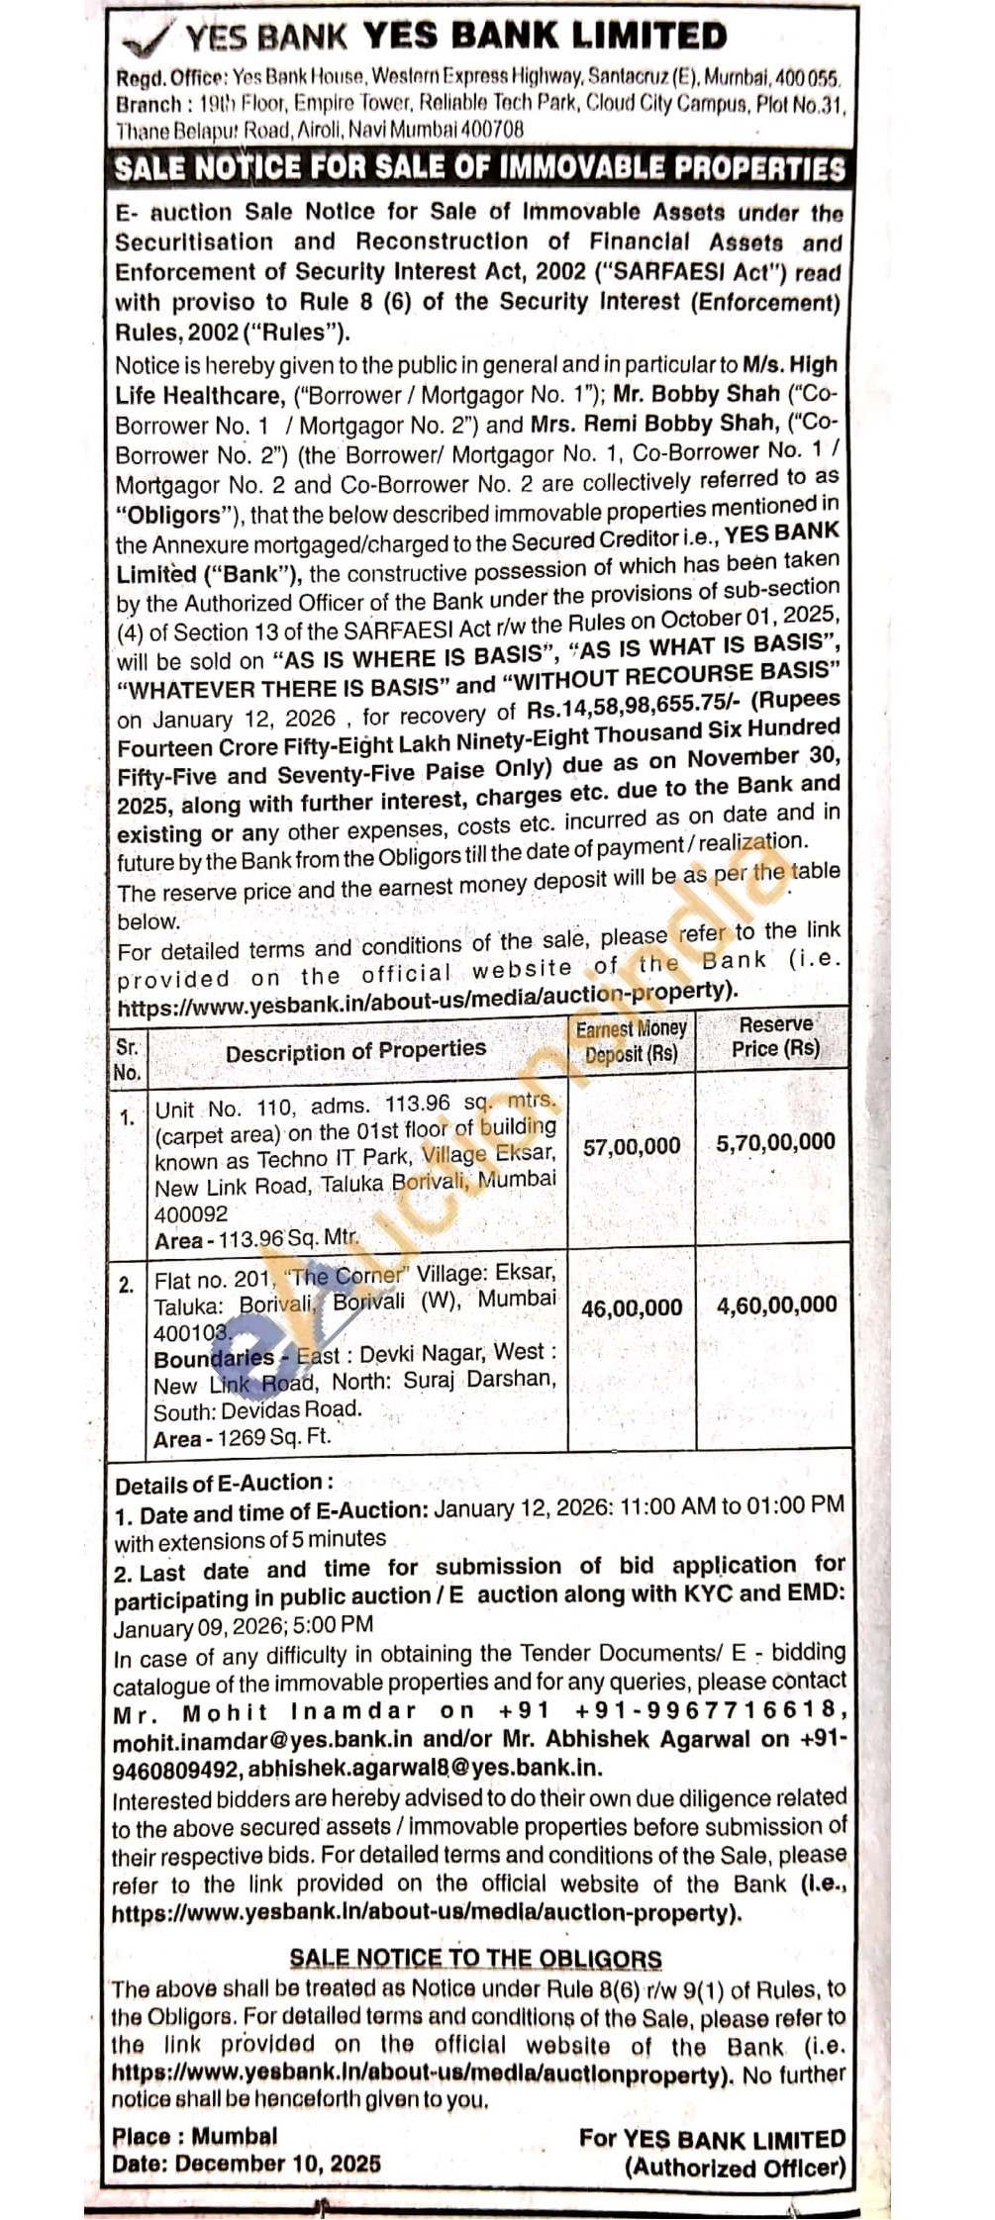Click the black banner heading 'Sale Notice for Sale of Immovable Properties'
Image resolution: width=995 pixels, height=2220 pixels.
[479, 166]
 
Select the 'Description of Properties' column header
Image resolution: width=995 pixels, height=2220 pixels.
[355, 1050]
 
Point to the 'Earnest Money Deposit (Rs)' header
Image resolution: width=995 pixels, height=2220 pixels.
[631, 1041]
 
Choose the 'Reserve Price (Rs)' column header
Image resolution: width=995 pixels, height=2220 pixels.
[775, 1036]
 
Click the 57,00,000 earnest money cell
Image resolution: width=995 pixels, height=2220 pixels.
[632, 1147]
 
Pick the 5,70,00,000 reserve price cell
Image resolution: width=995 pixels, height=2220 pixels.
[776, 1142]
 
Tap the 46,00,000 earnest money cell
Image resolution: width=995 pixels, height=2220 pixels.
[632, 1307]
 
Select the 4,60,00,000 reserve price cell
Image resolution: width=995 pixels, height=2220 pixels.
[776, 1304]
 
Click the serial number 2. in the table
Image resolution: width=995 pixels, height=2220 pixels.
[127, 1286]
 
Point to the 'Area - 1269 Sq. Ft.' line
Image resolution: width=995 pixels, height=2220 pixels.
[242, 1439]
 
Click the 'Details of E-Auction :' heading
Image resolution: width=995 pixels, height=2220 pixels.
[224, 1485]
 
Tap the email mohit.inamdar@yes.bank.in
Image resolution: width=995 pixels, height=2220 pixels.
[262, 1741]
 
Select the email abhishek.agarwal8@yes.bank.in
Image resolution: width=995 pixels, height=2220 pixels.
[425, 1768]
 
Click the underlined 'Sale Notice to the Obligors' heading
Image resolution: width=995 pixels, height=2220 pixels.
[475, 1959]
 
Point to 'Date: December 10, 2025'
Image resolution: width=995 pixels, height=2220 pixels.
[246, 2164]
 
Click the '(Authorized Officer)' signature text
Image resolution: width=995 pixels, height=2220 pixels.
[735, 2168]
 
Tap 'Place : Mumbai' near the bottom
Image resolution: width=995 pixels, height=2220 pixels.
[195, 2136]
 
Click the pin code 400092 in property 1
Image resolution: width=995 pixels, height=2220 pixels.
[191, 1214]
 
